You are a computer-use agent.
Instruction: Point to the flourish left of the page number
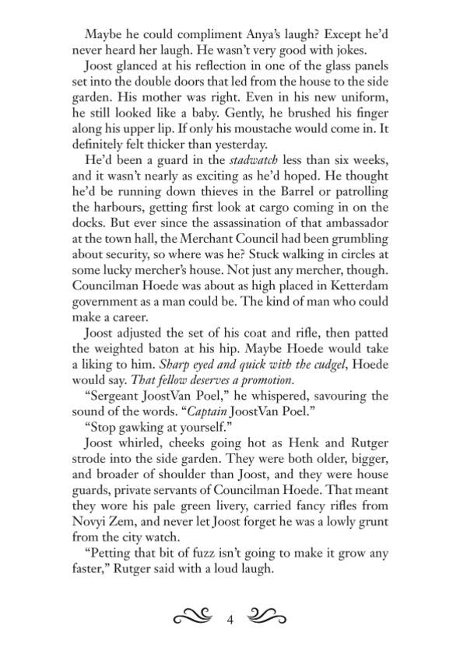tap(193, 620)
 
